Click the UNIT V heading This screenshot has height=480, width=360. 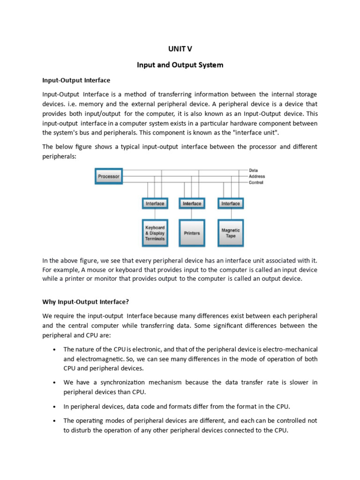(180, 49)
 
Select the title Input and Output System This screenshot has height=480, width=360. (180, 65)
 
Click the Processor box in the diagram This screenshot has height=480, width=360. (109, 177)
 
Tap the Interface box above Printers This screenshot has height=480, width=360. (192, 203)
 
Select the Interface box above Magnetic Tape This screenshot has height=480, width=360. (230, 203)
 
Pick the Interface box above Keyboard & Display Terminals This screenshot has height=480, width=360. (155, 203)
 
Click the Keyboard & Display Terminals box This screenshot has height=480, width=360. (155, 233)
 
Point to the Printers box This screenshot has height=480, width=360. (192, 233)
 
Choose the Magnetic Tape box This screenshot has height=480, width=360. (230, 233)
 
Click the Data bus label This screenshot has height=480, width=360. (253, 170)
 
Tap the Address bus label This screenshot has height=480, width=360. (256, 176)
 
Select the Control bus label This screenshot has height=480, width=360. (255, 182)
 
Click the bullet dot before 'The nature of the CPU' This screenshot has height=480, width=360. (55, 350)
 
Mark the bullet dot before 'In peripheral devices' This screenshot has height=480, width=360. (55, 406)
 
